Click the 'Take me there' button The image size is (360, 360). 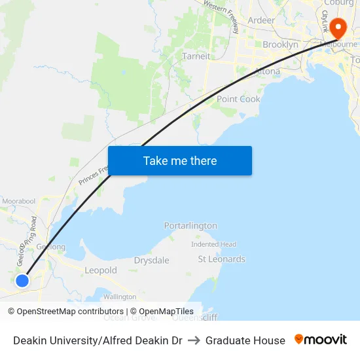(180, 160)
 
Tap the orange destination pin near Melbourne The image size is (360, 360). (338, 28)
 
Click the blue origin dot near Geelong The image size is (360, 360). (22, 280)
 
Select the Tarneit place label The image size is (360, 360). (196, 56)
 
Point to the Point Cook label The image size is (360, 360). (238, 99)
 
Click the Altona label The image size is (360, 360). (267, 71)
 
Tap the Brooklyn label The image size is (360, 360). (280, 45)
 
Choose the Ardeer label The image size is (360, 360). (261, 20)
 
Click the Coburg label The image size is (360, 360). (338, 3)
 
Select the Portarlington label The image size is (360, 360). (190, 226)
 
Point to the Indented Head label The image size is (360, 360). (213, 244)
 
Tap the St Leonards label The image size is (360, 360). (222, 259)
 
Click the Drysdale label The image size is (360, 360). (151, 261)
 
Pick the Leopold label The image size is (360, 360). (101, 270)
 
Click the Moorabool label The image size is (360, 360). (18, 200)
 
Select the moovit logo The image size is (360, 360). (321, 340)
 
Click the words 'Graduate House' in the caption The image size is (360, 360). (245, 340)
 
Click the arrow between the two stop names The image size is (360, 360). (194, 340)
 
